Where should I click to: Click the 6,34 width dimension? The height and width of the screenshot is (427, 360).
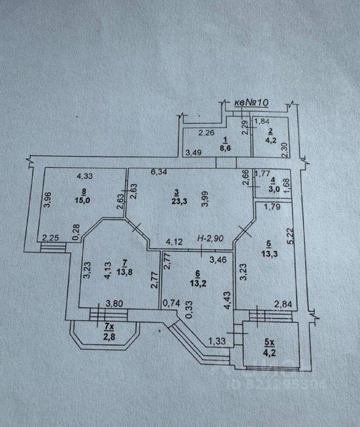158,172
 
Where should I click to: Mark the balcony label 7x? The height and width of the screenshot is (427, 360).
108,326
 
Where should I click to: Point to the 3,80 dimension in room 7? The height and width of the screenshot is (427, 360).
115,304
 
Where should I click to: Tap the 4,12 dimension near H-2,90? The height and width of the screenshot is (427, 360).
175,242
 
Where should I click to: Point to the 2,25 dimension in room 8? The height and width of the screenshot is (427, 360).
51,238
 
